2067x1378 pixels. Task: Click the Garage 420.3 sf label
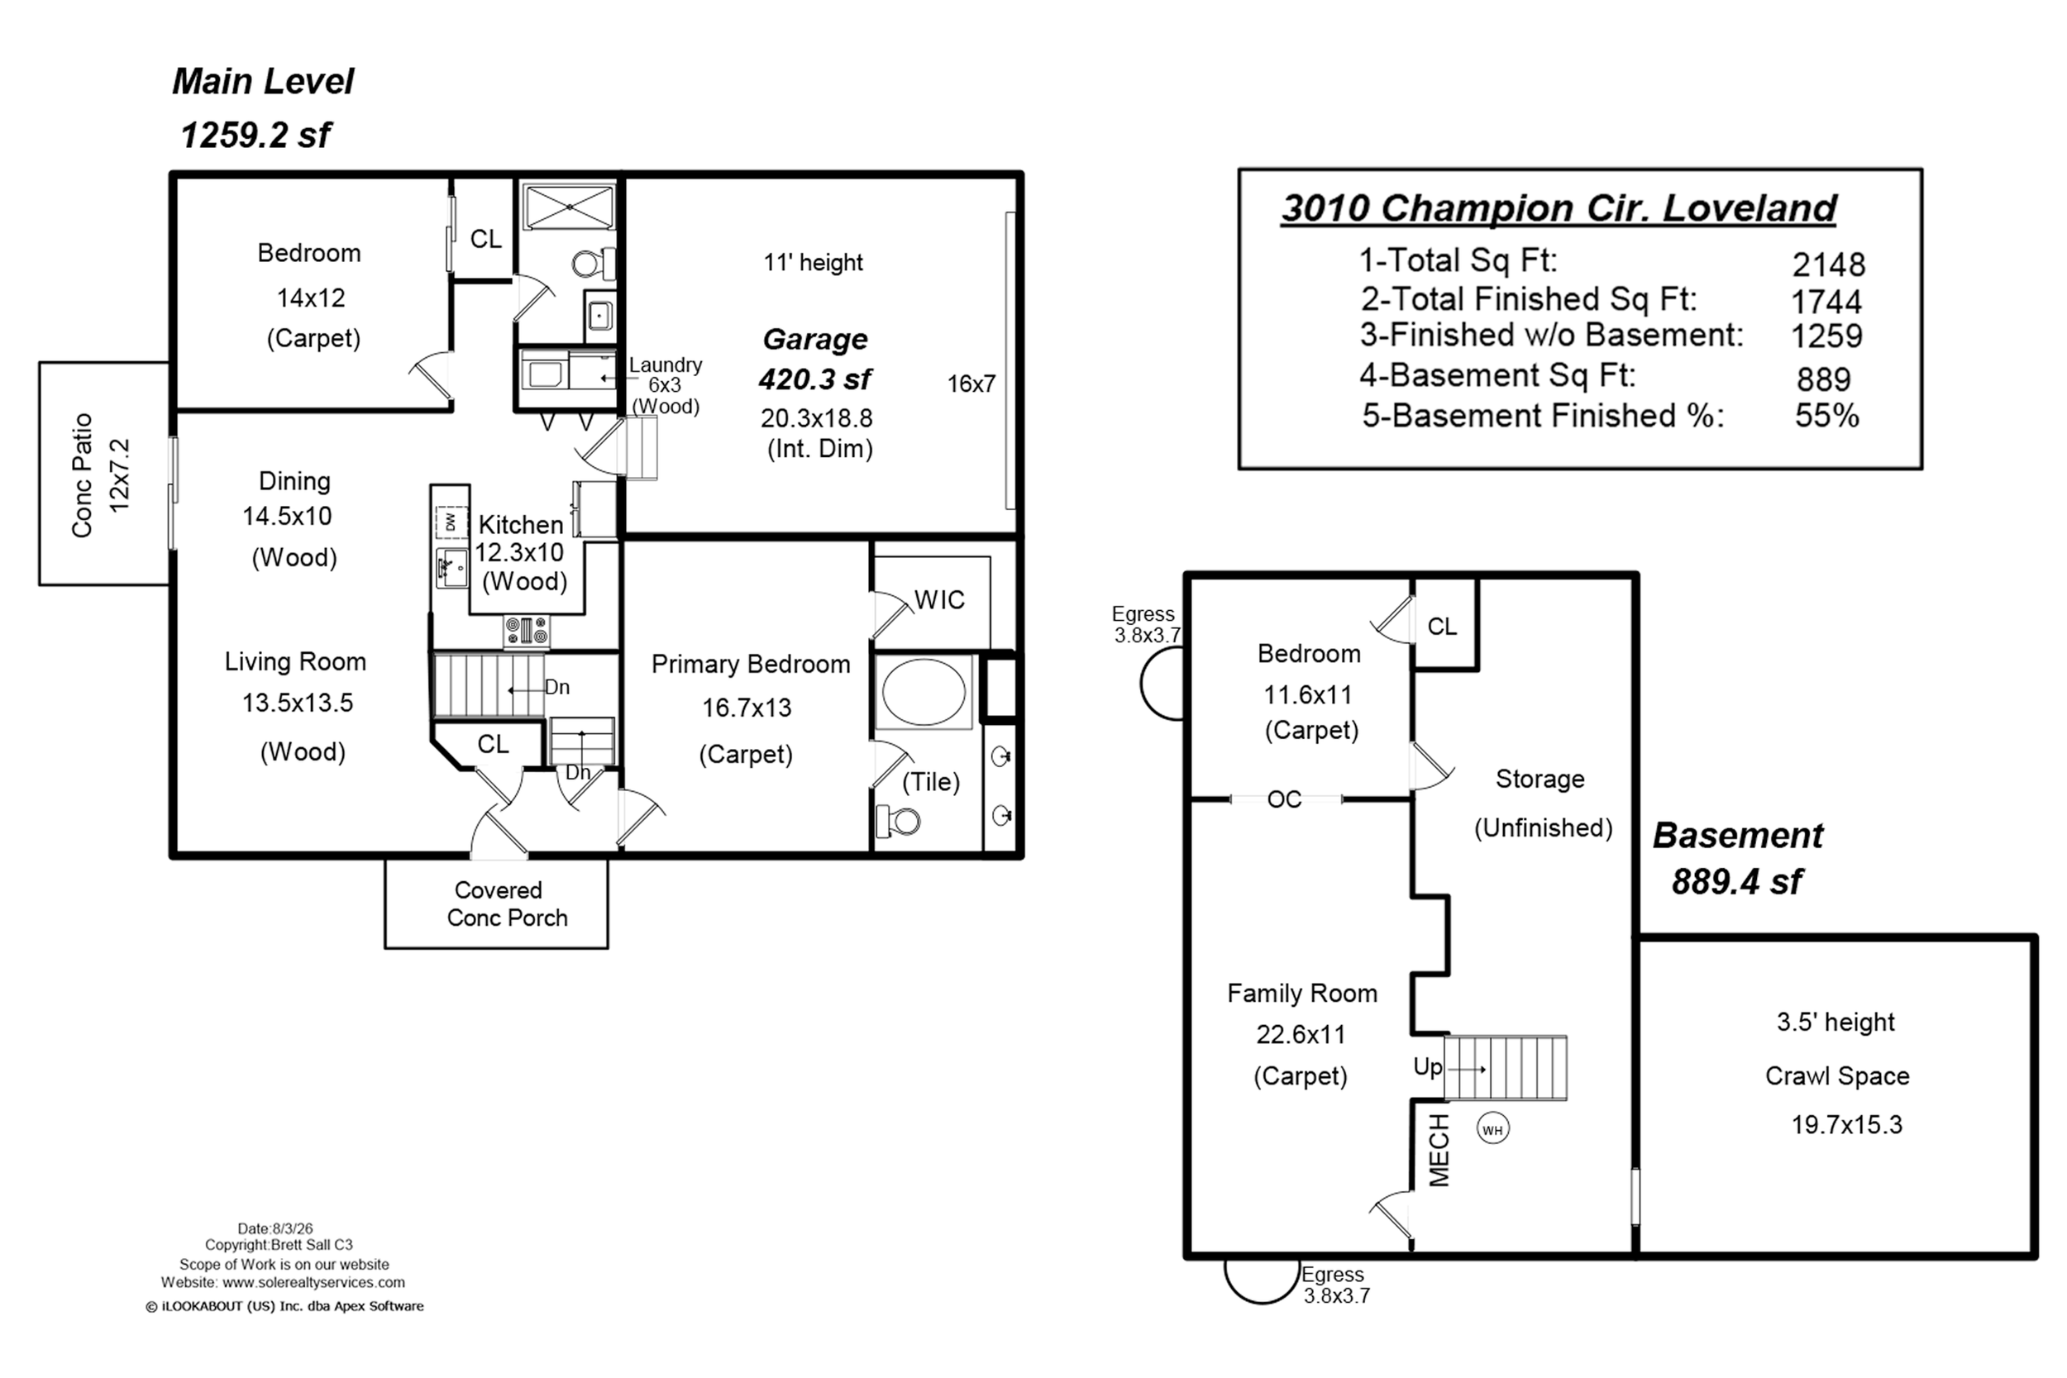(814, 360)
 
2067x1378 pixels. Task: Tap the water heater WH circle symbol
(1492, 1129)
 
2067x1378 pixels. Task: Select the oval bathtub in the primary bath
(924, 692)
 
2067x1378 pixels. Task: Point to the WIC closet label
(939, 600)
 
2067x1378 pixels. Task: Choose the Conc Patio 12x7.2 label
(100, 474)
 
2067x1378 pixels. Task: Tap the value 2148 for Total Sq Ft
(1828, 264)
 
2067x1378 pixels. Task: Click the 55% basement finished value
(1826, 416)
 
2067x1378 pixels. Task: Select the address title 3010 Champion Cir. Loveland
(1559, 209)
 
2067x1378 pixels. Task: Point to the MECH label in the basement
(1439, 1151)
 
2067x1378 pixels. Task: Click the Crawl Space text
(1837, 1075)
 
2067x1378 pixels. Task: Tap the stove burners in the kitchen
(526, 630)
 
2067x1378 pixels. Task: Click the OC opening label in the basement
(1284, 799)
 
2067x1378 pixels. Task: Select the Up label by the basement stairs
(1427, 1067)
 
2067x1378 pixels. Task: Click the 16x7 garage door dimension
(971, 384)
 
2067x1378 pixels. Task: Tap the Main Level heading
(263, 82)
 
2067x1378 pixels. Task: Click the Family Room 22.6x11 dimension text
(1301, 1035)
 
